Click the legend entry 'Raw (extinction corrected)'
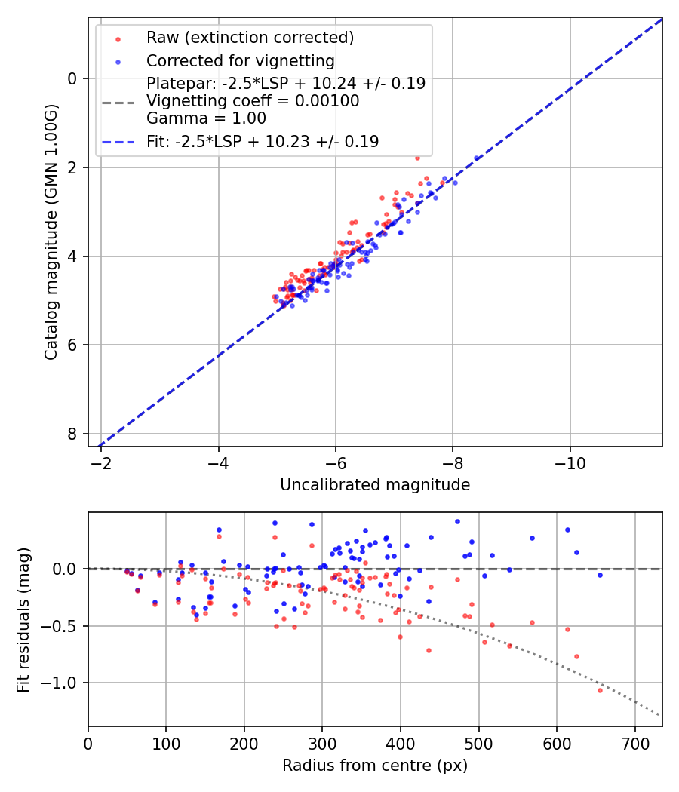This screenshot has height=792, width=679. [x=250, y=38]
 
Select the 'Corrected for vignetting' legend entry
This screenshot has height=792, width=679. [x=240, y=60]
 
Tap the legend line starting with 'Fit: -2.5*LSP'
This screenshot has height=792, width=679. [x=263, y=141]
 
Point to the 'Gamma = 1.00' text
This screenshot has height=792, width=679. [x=206, y=118]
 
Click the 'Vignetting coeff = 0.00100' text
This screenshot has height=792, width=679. [x=253, y=100]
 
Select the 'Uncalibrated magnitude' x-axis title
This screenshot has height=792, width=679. [x=375, y=485]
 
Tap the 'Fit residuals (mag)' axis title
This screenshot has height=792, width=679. [x=24, y=619]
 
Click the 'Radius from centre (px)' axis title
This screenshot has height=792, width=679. [x=375, y=766]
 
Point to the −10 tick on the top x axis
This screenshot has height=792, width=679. [x=570, y=462]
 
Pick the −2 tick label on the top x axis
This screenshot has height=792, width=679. [x=101, y=462]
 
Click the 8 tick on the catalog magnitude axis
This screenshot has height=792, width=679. [x=73, y=434]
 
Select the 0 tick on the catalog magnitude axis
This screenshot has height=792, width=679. [x=73, y=78]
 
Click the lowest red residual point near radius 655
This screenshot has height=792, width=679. [x=601, y=690]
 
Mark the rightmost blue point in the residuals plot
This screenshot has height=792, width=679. [x=600, y=575]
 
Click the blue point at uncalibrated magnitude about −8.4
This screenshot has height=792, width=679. [x=476, y=158]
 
